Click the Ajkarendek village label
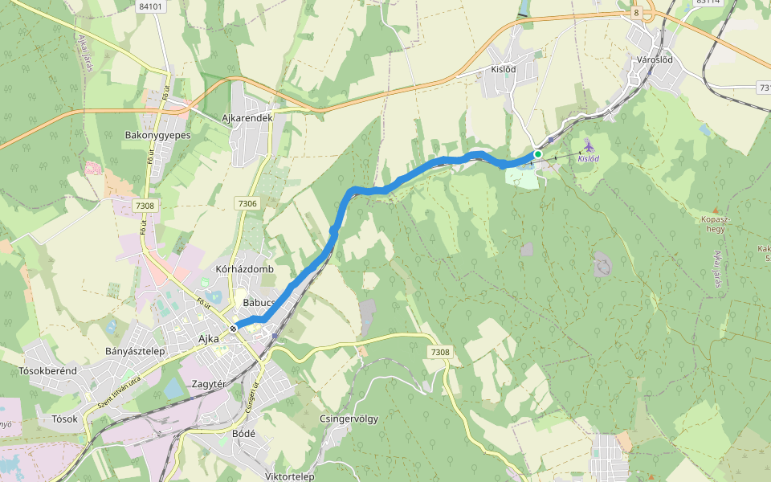(247, 118)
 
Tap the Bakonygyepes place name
(157, 135)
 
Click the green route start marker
(538, 153)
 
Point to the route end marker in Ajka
(233, 328)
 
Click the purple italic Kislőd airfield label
(588, 159)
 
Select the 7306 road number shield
(247, 204)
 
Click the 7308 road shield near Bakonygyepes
(145, 206)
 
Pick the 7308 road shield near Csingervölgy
(440, 352)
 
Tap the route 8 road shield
(636, 13)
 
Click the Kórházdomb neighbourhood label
(245, 269)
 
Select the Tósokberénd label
(47, 370)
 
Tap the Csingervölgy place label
(349, 419)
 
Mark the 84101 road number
(150, 6)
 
